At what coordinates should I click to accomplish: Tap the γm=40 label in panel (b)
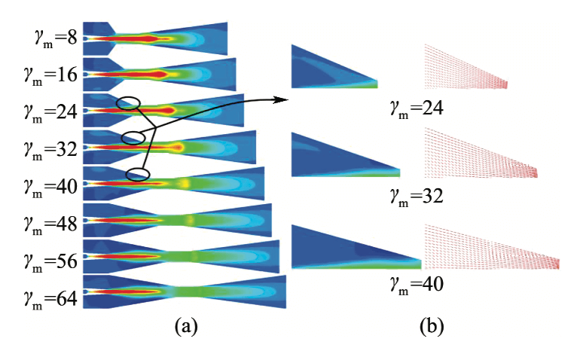(415, 284)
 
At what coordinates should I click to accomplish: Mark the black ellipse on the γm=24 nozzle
(129, 103)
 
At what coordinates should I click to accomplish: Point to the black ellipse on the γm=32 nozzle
(133, 137)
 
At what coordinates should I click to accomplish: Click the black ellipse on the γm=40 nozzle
(136, 175)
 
